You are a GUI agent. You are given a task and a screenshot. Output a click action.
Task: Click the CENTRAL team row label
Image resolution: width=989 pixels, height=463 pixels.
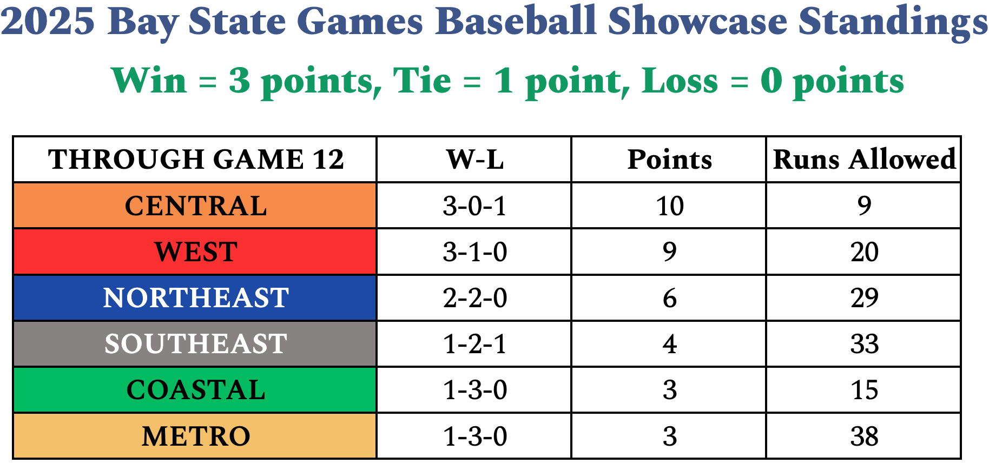(x=195, y=206)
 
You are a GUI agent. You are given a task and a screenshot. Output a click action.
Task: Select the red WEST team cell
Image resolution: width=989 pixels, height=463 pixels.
(x=195, y=252)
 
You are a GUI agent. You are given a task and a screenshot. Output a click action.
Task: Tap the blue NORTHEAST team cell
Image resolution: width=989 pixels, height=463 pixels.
(x=195, y=297)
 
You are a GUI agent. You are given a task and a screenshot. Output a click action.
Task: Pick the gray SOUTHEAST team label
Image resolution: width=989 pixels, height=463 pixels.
(x=195, y=344)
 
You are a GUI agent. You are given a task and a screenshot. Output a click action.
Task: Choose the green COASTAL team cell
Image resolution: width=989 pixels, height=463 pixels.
(x=195, y=390)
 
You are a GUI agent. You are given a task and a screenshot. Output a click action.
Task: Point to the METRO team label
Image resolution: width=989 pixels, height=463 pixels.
(x=195, y=436)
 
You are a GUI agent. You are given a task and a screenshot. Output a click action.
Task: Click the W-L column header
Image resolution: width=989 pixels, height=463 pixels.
(x=474, y=159)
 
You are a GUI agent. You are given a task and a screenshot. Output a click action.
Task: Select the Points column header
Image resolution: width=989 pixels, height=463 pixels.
(x=669, y=159)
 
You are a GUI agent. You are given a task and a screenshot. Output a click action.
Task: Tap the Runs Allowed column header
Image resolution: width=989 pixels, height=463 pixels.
(x=864, y=159)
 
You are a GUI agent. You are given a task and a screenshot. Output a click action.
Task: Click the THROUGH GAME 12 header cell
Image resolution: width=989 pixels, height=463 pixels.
(x=195, y=159)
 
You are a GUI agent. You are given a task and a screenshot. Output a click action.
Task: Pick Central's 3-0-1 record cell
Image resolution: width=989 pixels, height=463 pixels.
(x=474, y=206)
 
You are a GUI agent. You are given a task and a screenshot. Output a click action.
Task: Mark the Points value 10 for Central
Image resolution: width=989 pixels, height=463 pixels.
(x=669, y=206)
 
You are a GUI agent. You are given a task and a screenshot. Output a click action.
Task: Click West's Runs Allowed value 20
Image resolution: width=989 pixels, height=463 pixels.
(x=864, y=252)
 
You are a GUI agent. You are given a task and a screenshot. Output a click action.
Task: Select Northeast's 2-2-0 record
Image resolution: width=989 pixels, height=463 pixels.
(x=474, y=297)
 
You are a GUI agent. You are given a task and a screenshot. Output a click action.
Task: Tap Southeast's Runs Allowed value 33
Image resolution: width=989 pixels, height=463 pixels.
(x=864, y=344)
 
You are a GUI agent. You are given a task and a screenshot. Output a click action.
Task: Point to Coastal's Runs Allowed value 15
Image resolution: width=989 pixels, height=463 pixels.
(x=864, y=390)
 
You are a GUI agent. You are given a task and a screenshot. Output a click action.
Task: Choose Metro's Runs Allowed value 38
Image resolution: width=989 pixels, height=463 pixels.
(x=864, y=436)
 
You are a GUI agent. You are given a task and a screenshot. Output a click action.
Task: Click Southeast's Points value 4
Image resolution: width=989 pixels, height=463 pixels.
(x=669, y=344)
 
